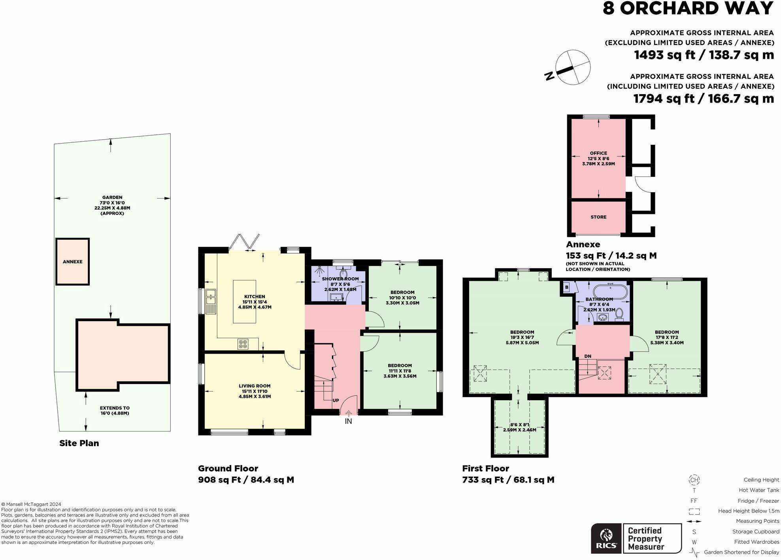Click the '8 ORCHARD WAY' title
pos(688,8)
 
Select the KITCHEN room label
pos(255,297)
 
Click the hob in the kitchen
pos(243,344)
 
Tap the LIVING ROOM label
pos(255,386)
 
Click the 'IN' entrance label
pos(348,422)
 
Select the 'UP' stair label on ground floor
pos(336,401)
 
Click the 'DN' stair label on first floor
pos(588,356)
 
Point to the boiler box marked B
pos(567,288)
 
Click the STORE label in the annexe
pos(598,217)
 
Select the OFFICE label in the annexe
pos(598,153)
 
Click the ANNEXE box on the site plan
pos(72,261)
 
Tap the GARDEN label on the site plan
pos(112,197)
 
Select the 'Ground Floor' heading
pos(228,469)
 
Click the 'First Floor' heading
pos(486,469)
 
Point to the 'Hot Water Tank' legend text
pos(759,490)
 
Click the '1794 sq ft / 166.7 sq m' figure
pos(704,98)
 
